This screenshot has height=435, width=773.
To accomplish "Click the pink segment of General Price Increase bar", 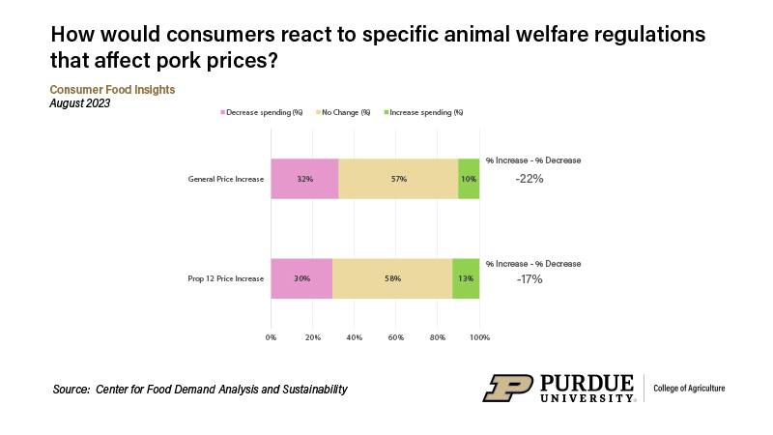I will coord(304,179).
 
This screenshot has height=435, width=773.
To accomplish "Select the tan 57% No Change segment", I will coord(398,179).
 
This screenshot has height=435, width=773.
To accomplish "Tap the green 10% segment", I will coord(469,179).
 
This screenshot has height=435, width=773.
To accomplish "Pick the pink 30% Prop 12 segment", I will coord(301,278).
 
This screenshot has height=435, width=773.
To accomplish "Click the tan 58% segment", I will coord(392,278).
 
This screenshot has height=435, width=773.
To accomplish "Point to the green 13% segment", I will coord(466,278).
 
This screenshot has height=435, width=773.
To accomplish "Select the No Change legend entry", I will coord(346,112).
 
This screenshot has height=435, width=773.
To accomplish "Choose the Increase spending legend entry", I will coord(426,112).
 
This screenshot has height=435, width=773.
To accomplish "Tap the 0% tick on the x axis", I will coord(271,337).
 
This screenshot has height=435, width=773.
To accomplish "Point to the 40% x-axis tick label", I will coord(354,337).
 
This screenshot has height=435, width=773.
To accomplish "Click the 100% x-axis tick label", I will coord(479,337).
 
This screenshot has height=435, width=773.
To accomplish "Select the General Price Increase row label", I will coord(226,179).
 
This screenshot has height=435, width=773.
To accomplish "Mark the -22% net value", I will coord(529,179).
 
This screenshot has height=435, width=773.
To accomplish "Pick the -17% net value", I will coord(529,279).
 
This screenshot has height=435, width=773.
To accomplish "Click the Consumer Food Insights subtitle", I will coord(112,90).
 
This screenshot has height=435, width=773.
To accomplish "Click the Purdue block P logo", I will coord(504,387).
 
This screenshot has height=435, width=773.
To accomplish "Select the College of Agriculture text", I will coord(690,389).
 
